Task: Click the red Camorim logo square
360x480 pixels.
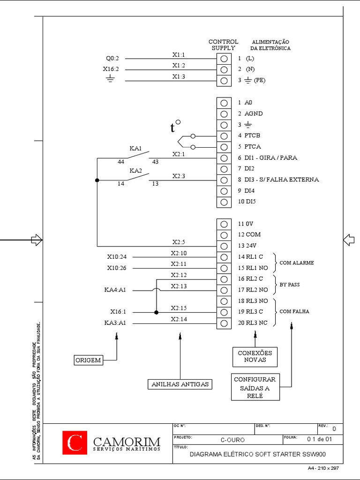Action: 75,443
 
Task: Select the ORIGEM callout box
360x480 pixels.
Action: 88,360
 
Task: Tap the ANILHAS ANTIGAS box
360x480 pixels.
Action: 180,384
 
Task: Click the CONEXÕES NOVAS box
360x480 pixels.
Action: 255,356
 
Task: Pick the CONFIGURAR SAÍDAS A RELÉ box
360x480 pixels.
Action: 255,387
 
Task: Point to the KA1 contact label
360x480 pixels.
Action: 135,148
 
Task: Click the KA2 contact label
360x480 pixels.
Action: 135,171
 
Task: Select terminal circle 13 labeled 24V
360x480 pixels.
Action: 224,246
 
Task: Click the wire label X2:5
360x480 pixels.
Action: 179,242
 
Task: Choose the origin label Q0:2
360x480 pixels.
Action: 112,59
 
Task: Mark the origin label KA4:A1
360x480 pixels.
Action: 115,290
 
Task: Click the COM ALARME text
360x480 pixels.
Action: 297,263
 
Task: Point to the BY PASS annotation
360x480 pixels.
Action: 290,285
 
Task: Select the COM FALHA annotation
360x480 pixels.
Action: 294,311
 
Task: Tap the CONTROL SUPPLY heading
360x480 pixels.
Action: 223,45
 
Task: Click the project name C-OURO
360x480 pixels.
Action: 232,440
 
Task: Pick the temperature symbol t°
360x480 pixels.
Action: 175,127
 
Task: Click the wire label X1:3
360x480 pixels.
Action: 179,76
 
